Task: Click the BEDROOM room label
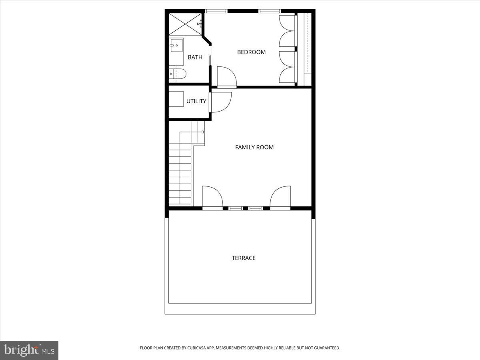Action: pos(251,52)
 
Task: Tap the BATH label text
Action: pos(195,57)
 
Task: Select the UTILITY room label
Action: pos(196,101)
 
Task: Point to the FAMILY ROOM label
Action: pos(254,147)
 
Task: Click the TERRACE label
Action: pos(244,258)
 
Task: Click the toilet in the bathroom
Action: pos(178,74)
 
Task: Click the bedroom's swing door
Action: pos(226,77)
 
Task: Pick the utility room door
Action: pos(221,102)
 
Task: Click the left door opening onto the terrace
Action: pos(212,197)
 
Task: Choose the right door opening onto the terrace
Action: pos(280,197)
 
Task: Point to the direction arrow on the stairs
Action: pos(202,132)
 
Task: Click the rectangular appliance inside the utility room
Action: pos(176,100)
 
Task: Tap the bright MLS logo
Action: pos(29,350)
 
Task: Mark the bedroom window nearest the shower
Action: pos(216,11)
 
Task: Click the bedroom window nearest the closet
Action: pos(270,11)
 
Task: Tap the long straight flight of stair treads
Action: pos(180,176)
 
